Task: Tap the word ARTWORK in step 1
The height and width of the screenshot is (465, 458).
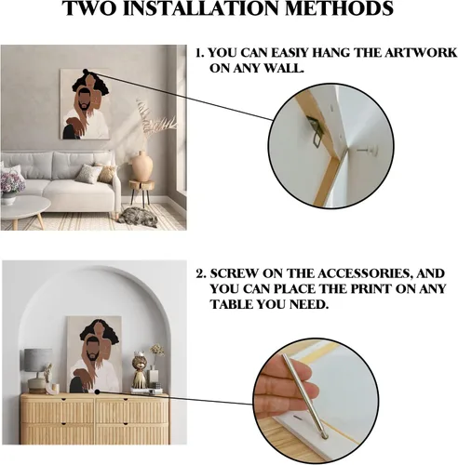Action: pos(421,53)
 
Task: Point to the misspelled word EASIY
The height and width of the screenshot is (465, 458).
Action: pos(290,53)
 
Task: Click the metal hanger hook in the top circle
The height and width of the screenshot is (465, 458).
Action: pos(316,130)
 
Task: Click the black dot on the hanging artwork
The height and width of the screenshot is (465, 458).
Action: pos(86,72)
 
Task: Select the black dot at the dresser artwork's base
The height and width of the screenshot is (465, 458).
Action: pos(97,392)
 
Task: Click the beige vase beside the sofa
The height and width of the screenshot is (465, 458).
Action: pos(142,166)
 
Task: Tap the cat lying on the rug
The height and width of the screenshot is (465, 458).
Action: pos(138,216)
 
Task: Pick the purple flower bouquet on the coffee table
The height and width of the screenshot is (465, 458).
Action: pos(12,182)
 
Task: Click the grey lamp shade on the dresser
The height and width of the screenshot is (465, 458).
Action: pos(38,360)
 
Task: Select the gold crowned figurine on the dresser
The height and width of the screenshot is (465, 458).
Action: pos(140,369)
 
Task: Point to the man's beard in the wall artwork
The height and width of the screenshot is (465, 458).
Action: pos(84,106)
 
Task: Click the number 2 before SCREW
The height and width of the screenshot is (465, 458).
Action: pos(200,274)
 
